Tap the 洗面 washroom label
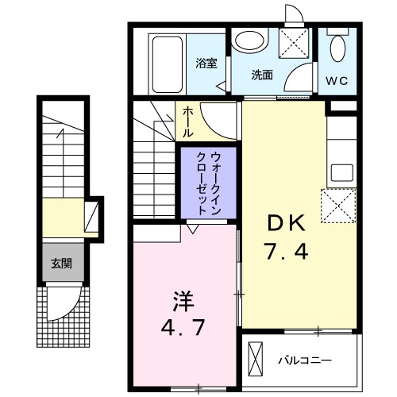[263, 75]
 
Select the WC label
[336, 80]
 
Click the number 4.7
[183, 327]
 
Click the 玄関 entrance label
[61, 263]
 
